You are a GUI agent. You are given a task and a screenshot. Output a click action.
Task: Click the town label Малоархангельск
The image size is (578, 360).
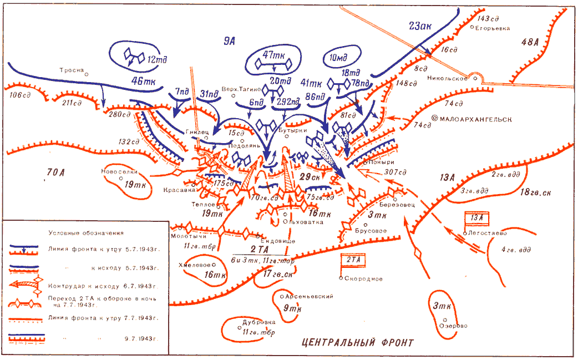tap(475, 119)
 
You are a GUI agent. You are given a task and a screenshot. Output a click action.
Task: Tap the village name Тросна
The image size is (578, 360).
tap(72, 70)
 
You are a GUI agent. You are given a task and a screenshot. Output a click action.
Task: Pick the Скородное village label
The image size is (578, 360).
tap(362, 278)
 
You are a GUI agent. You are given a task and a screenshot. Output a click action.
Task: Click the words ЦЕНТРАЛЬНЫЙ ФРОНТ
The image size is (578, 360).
tap(358, 342)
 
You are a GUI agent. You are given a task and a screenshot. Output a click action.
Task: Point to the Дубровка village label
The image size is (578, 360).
tap(256, 322)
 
